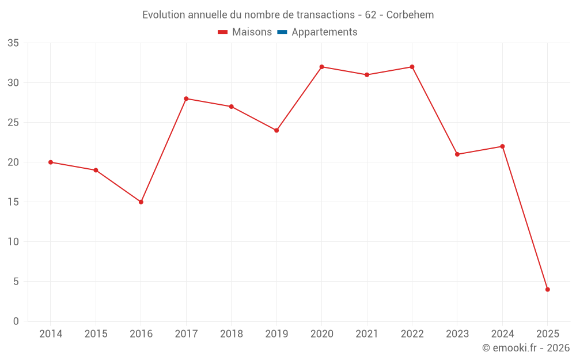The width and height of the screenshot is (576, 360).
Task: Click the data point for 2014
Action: tap(51, 162)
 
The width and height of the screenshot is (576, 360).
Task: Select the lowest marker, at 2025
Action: tap(548, 290)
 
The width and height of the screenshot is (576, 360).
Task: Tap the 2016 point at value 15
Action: tap(141, 202)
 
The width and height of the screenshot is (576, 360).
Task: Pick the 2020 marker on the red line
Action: tap(322, 67)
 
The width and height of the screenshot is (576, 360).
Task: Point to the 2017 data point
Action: tap(186, 98)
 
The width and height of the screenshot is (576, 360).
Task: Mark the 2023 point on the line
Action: tap(457, 154)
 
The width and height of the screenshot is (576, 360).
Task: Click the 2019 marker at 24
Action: tap(276, 130)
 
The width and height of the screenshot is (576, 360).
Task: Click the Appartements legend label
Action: tap(324, 32)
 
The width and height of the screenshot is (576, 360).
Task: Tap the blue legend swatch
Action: tap(282, 32)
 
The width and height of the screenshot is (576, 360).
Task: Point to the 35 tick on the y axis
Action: tap(13, 43)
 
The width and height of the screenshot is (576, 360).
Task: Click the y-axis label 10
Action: tap(13, 242)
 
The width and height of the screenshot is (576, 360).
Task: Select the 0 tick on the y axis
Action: tap(16, 321)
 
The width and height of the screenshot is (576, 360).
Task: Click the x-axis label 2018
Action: tap(232, 334)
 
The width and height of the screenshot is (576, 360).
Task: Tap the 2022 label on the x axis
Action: tap(412, 334)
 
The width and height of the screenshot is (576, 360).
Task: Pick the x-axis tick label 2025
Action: tap(548, 334)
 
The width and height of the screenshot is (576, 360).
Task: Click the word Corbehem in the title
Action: tap(410, 14)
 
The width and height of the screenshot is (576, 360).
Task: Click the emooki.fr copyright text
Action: tap(526, 348)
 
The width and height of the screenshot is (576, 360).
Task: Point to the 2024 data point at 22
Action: tap(502, 146)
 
